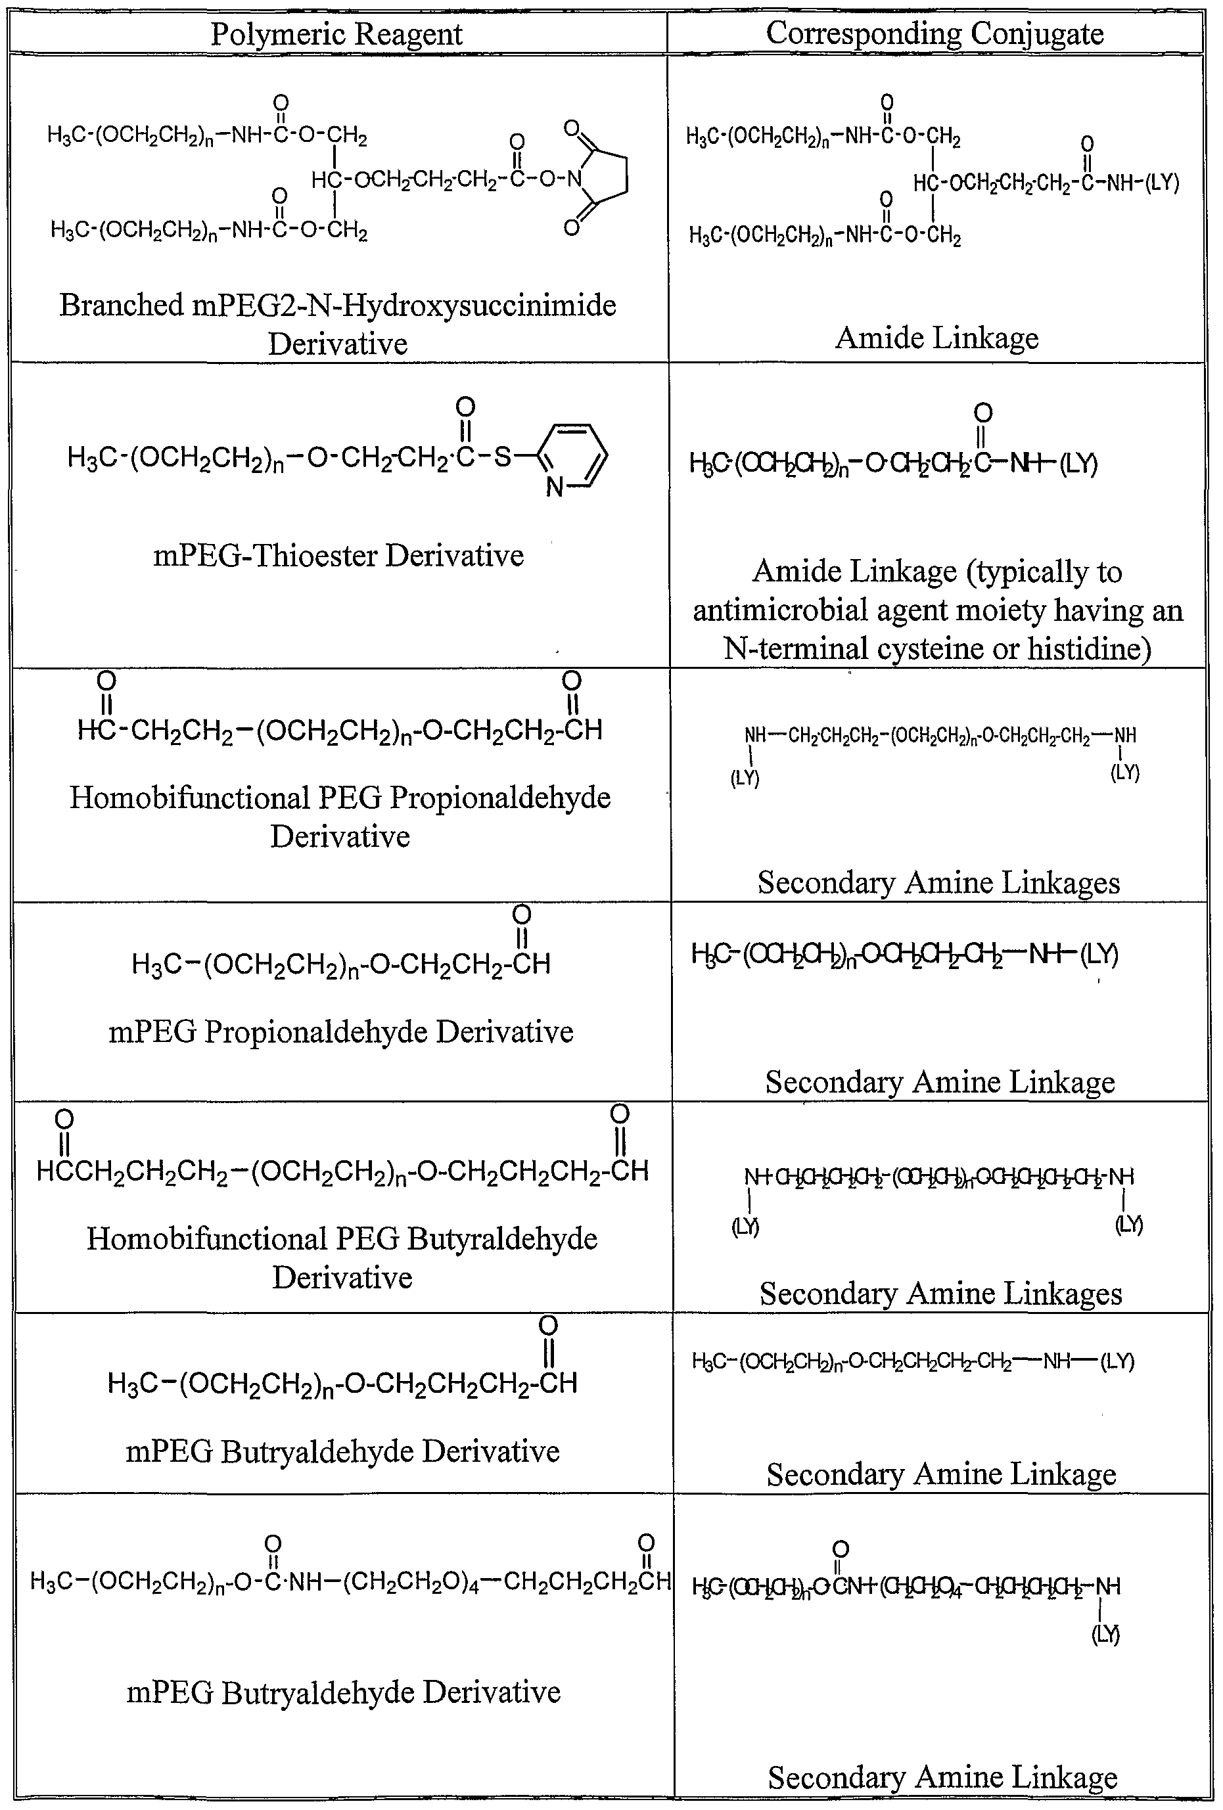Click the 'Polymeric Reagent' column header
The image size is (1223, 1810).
pos(336,34)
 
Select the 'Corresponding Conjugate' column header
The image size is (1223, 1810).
pos(934,34)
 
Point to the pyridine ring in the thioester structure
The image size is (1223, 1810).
pos(574,455)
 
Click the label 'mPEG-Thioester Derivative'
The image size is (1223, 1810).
pos(338,555)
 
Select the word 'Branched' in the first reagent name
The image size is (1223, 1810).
pos(121,305)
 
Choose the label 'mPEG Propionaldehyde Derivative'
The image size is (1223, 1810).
pos(340,1031)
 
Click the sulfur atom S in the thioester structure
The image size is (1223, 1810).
pos(503,455)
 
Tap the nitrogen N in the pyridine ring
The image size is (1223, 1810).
pos(554,487)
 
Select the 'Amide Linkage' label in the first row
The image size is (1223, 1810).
pos(936,338)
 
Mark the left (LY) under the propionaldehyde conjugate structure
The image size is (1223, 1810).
pos(745,778)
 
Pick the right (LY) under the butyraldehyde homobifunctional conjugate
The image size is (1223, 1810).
pos(1129,1225)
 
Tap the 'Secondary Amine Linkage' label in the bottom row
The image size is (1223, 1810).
pos(942,1777)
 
